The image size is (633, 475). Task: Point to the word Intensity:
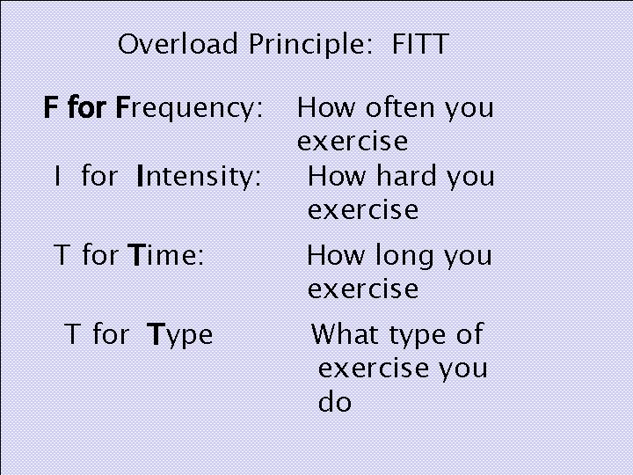point(199,178)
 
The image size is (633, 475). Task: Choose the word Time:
point(166,256)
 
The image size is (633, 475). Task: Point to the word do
point(334,403)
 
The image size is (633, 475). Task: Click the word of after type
point(469,334)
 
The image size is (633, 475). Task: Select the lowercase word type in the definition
point(417,336)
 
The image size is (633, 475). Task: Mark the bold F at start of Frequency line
point(52,109)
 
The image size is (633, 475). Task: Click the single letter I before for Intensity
point(56,178)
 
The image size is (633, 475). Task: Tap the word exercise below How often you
point(353,142)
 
